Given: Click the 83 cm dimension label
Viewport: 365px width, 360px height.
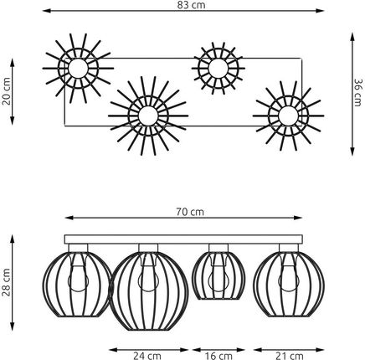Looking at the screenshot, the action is [x=191, y=5].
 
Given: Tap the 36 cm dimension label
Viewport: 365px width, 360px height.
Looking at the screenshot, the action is [x=357, y=92].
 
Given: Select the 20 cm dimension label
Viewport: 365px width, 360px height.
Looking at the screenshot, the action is [x=6, y=91].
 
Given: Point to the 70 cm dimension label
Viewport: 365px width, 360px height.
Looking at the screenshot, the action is [x=190, y=212].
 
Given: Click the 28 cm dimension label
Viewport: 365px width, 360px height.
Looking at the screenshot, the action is [x=6, y=282].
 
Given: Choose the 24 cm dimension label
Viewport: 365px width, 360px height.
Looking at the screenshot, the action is [x=147, y=356].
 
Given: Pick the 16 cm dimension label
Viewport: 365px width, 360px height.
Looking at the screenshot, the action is [x=218, y=356].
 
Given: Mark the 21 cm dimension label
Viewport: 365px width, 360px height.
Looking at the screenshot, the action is [x=290, y=356].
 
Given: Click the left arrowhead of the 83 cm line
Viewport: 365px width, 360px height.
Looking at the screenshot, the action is [x=46, y=11].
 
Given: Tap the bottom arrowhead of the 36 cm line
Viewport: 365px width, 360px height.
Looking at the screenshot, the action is [x=352, y=152].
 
